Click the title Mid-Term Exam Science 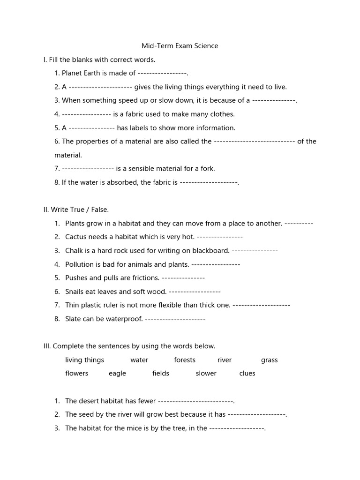pos(180,46)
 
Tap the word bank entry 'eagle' pos(117,374)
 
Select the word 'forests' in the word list pos(185,360)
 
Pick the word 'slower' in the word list pos(206,374)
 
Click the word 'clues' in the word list pos(247,374)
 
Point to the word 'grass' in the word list pos(269,360)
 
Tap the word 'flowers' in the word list pos(77,374)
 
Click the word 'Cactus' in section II pos(76,237)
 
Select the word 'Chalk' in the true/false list pos(74,250)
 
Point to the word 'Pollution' pos(80,264)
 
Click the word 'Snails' pos(75,292)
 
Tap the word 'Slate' pos(74,319)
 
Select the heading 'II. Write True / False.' pos(76,210)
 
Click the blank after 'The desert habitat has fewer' pos(195,401)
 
